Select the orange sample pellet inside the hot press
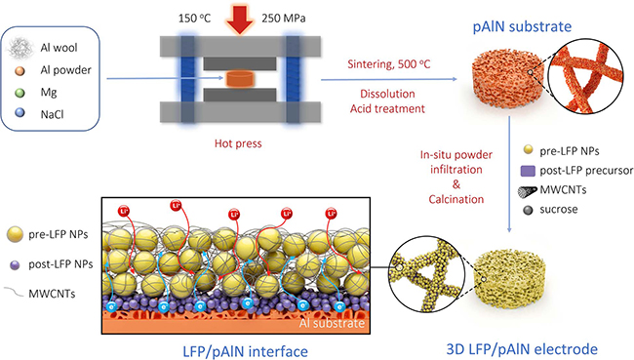click(x=240, y=77)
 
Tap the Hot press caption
click(x=240, y=143)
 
